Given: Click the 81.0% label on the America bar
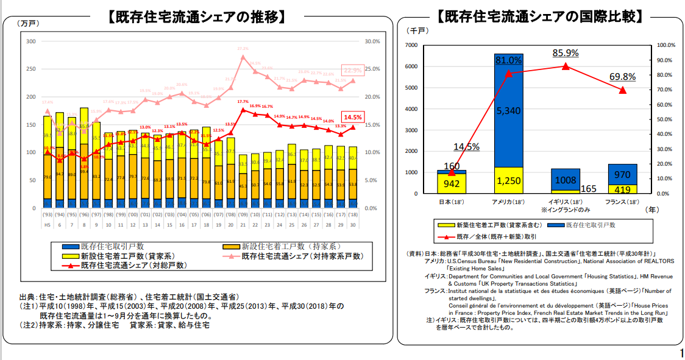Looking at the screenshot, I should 508,60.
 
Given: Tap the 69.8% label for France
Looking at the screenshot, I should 622,77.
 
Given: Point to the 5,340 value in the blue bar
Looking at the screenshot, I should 508,110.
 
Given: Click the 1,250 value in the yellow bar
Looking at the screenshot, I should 508,181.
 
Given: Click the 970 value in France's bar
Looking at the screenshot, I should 622,174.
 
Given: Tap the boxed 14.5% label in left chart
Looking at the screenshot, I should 353,117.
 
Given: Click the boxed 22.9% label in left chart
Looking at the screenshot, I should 352,70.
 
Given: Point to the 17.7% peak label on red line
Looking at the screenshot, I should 243,102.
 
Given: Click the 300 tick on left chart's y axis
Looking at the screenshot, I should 30,41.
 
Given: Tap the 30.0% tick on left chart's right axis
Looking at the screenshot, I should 372,41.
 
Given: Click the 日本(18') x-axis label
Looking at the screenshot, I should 452,202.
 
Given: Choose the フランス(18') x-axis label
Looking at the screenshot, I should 622,202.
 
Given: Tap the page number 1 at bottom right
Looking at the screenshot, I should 680,353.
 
